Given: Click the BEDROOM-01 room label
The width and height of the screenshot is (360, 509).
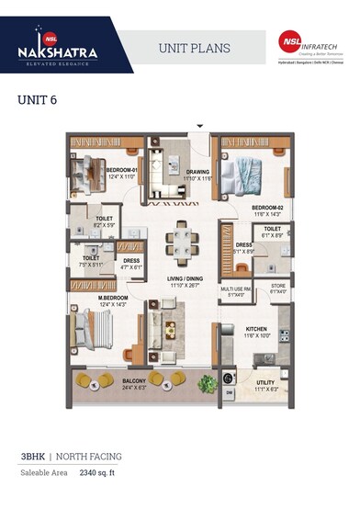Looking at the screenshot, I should (120, 171).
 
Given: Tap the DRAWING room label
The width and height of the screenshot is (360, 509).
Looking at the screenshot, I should (198, 172).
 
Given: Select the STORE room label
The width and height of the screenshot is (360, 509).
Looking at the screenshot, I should (278, 287).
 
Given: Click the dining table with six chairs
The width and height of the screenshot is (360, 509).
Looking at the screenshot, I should (180, 243).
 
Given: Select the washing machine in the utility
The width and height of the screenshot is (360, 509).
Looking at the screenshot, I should (229, 376).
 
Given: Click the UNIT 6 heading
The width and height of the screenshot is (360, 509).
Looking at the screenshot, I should (38, 99).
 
